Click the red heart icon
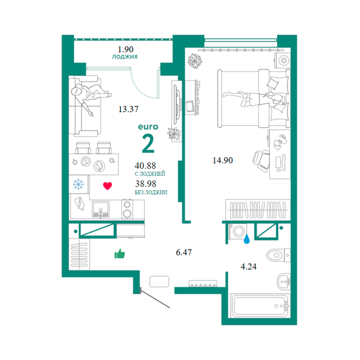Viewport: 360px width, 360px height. pyautogui.click(x=107, y=186)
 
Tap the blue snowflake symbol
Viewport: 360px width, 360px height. pyautogui.click(x=78, y=184)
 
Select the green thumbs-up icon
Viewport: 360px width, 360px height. pyautogui.click(x=120, y=254)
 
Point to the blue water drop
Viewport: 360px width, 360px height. pyautogui.click(x=247, y=239)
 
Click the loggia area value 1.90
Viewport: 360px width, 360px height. pyautogui.click(x=125, y=49)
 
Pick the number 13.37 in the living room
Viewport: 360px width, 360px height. pyautogui.click(x=128, y=109)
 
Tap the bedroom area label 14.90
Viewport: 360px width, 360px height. pyautogui.click(x=223, y=160)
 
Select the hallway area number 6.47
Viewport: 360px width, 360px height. pyautogui.click(x=183, y=253)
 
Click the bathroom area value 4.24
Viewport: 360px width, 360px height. pyautogui.click(x=248, y=267)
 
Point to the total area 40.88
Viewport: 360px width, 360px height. pyautogui.click(x=145, y=165)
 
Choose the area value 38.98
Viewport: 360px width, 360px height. pyautogui.click(x=146, y=184)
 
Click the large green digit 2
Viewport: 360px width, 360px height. pyautogui.click(x=148, y=143)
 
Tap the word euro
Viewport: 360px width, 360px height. pyautogui.click(x=148, y=127)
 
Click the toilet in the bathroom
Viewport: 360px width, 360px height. pyautogui.click(x=278, y=255)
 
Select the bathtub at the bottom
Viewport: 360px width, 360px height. pyautogui.click(x=260, y=306)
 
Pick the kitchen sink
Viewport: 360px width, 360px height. pyautogui.click(x=101, y=209)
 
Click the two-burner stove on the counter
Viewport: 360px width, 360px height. pyautogui.click(x=127, y=209)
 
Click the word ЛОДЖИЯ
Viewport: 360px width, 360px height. pyautogui.click(x=125, y=57)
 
